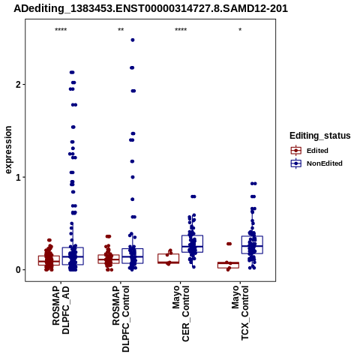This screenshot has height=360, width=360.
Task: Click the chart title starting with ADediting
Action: coord(151,8)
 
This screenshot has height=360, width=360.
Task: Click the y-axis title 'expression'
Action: coord(8,150)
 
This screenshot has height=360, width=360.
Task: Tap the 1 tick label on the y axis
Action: coord(19,178)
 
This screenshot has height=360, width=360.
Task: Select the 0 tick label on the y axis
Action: coord(19,270)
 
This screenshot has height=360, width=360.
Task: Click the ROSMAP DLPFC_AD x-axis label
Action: coord(61,310)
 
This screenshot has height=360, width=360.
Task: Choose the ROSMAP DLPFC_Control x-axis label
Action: coord(121,319)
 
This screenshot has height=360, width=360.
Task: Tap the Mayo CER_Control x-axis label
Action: coord(181,313)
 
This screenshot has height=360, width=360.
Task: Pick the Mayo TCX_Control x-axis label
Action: coord(240,313)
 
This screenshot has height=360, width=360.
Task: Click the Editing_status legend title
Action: coord(320,136)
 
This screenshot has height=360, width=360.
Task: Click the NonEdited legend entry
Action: coord(316,163)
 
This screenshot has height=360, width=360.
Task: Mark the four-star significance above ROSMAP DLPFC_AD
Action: coord(61,30)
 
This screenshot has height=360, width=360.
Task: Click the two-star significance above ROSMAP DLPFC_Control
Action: coord(121,30)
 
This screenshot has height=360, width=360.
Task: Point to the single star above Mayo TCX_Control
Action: coord(240,30)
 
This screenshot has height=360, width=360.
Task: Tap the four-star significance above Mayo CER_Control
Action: coord(181,30)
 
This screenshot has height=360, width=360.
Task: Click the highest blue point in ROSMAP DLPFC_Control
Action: coord(133,40)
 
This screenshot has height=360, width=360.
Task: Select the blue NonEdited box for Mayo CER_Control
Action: coord(192,244)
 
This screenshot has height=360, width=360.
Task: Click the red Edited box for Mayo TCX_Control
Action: coord(228,265)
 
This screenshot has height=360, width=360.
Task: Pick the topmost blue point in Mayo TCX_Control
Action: coord(253,184)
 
